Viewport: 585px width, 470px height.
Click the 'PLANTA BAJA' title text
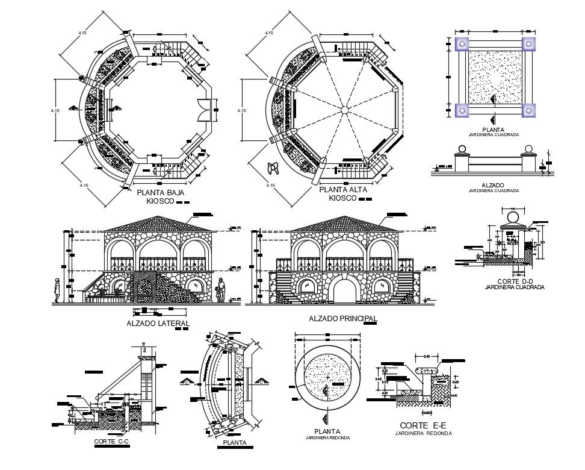[x=160, y=193]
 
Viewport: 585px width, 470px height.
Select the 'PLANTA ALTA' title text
[x=341, y=189]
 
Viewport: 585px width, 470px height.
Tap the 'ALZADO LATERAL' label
[x=158, y=324]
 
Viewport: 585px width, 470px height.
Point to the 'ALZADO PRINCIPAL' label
[x=342, y=318]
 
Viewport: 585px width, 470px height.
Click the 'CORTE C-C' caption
[x=111, y=442]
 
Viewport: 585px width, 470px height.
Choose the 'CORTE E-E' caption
[x=422, y=425]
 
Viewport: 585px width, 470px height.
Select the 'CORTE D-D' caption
[x=514, y=281]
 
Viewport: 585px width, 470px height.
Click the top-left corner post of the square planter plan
[x=462, y=43]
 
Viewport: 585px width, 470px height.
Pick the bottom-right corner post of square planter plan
[x=528, y=110]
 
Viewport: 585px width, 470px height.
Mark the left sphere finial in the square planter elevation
[x=462, y=149]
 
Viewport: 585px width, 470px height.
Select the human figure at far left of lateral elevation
[x=57, y=290]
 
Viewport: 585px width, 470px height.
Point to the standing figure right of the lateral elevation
[x=221, y=290]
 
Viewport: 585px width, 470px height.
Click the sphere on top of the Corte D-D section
[x=514, y=216]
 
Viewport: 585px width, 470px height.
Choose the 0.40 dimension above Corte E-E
[x=427, y=356]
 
